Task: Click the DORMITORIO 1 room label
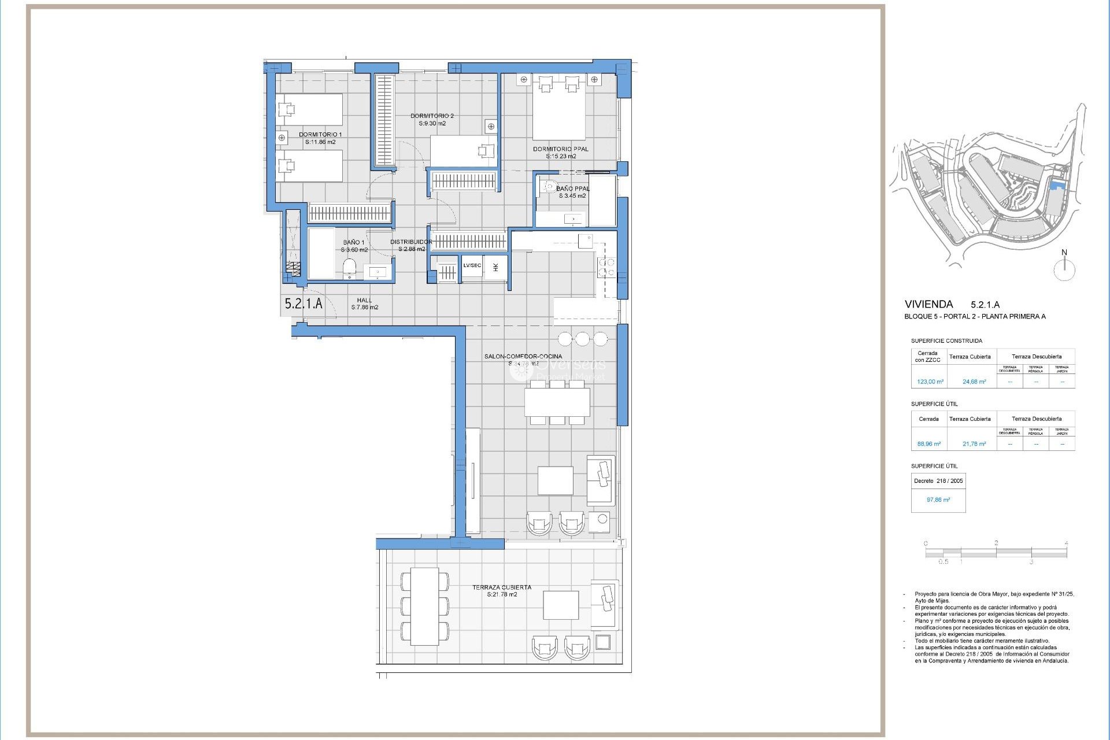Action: (320, 135)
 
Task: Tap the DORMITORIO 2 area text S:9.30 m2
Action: (432, 124)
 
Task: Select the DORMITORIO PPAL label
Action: (560, 149)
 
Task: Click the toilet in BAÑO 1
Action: (349, 268)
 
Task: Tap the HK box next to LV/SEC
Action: (495, 268)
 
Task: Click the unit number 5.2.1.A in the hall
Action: (304, 304)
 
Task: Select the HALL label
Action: (364, 300)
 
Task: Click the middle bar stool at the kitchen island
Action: (582, 339)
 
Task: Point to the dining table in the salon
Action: (557, 402)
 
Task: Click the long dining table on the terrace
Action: (424, 606)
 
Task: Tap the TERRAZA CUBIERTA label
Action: (501, 587)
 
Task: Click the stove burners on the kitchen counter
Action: (606, 267)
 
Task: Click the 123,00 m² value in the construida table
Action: (930, 382)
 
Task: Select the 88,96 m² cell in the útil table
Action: (928, 444)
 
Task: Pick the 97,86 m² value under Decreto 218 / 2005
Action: (938, 499)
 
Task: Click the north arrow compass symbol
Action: (1064, 269)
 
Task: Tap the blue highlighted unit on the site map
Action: (1057, 185)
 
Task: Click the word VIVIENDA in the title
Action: (928, 304)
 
